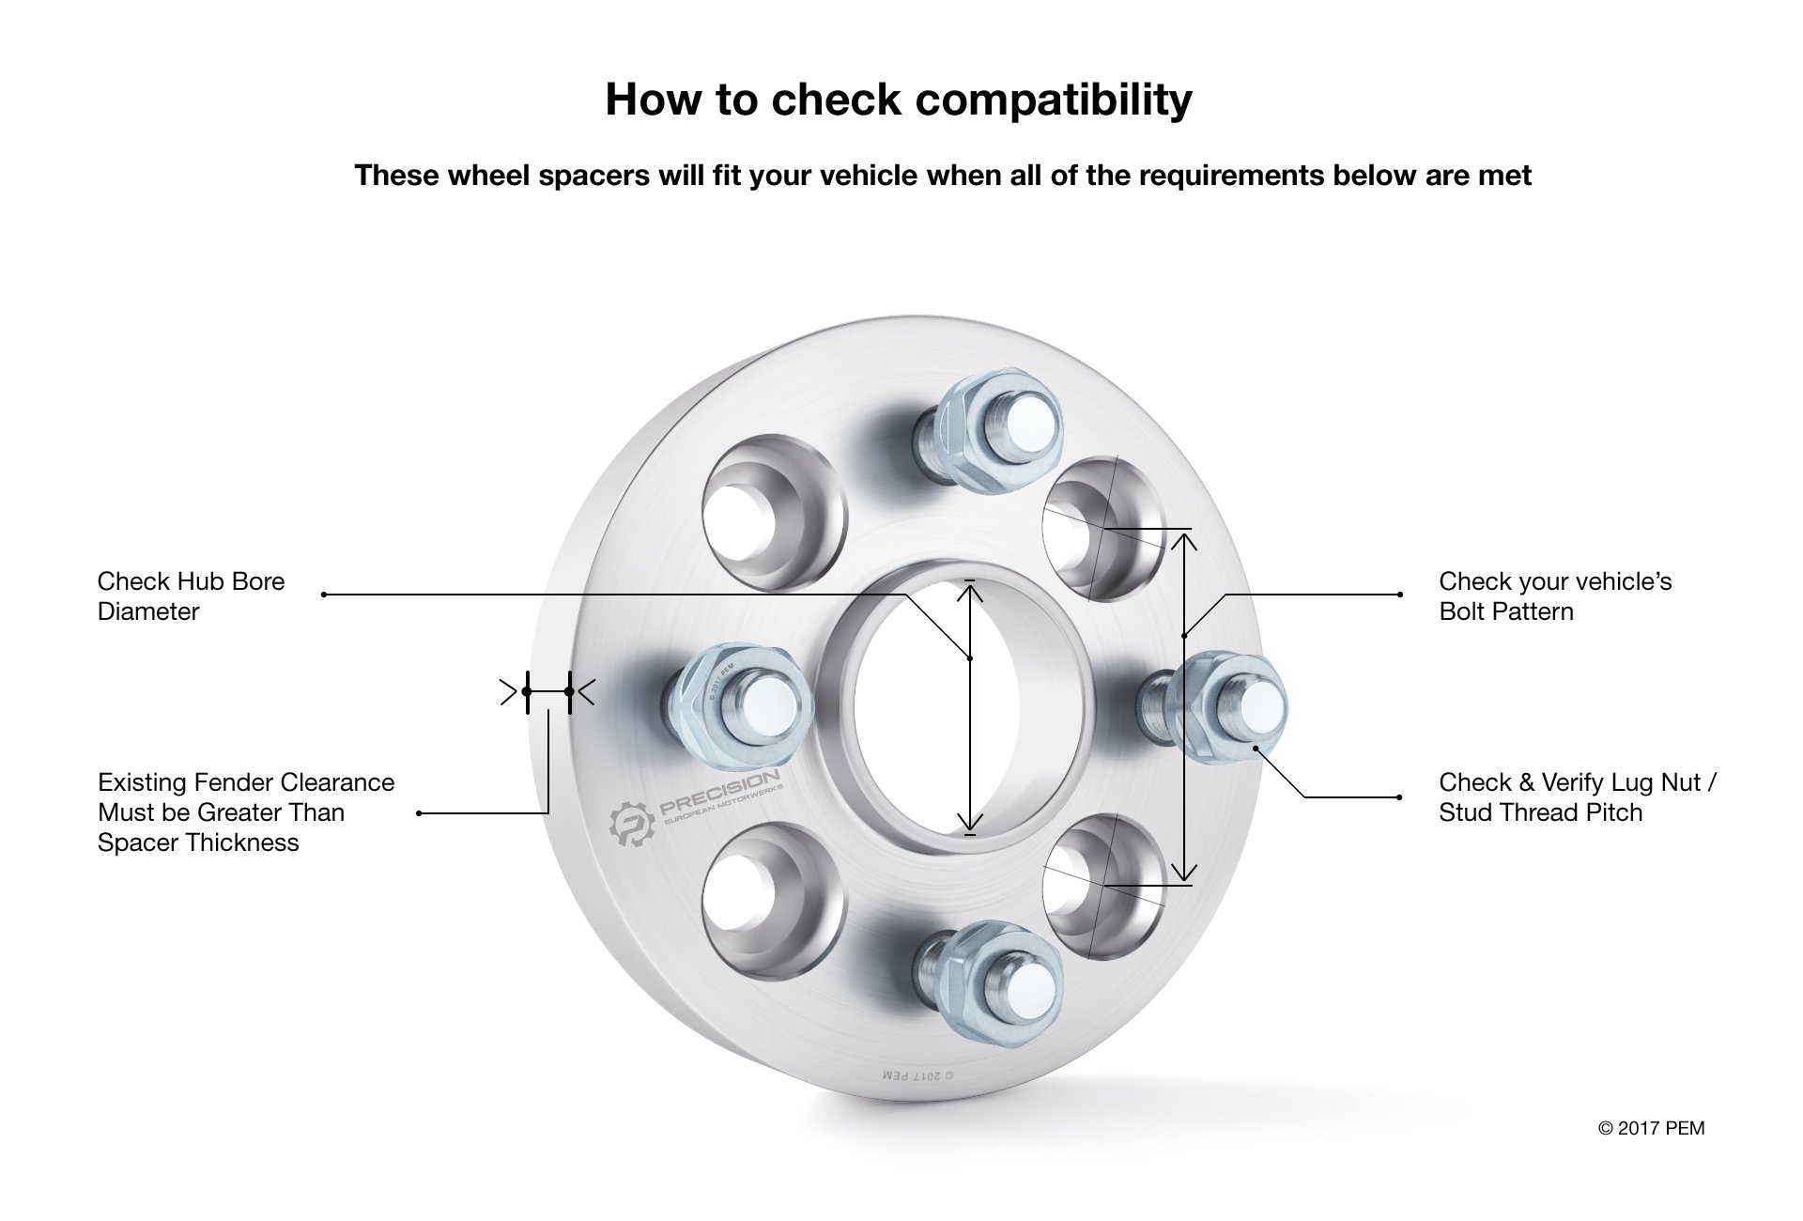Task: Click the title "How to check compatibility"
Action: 899,100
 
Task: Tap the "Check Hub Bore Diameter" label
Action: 191,596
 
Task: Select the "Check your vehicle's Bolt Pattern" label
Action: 1555,596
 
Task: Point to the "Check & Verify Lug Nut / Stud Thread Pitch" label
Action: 1577,797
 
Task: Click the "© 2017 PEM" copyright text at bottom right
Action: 1651,1128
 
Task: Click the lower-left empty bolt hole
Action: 763,893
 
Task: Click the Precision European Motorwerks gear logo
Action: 631,827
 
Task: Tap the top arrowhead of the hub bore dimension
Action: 971,592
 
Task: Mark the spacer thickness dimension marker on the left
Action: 547,692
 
